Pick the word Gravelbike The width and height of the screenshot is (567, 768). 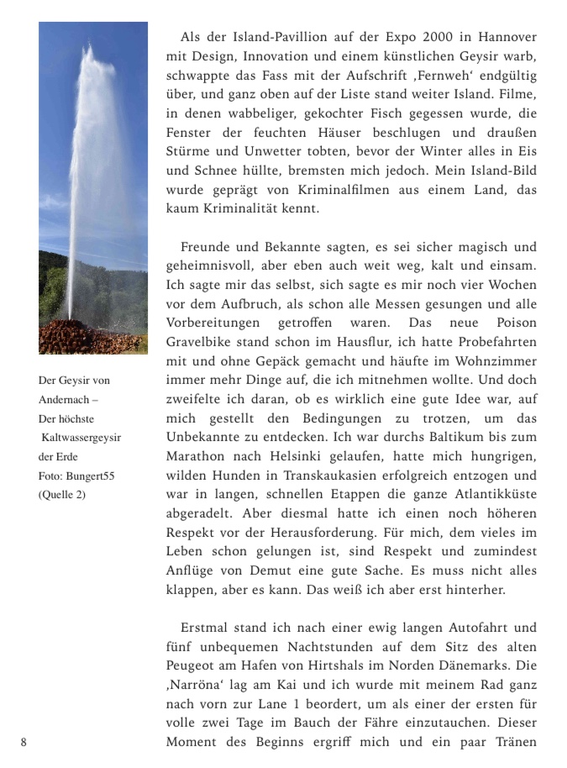pos(199,342)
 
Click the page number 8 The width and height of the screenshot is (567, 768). pos(24,742)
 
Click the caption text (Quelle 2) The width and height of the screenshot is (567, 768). pos(62,495)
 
